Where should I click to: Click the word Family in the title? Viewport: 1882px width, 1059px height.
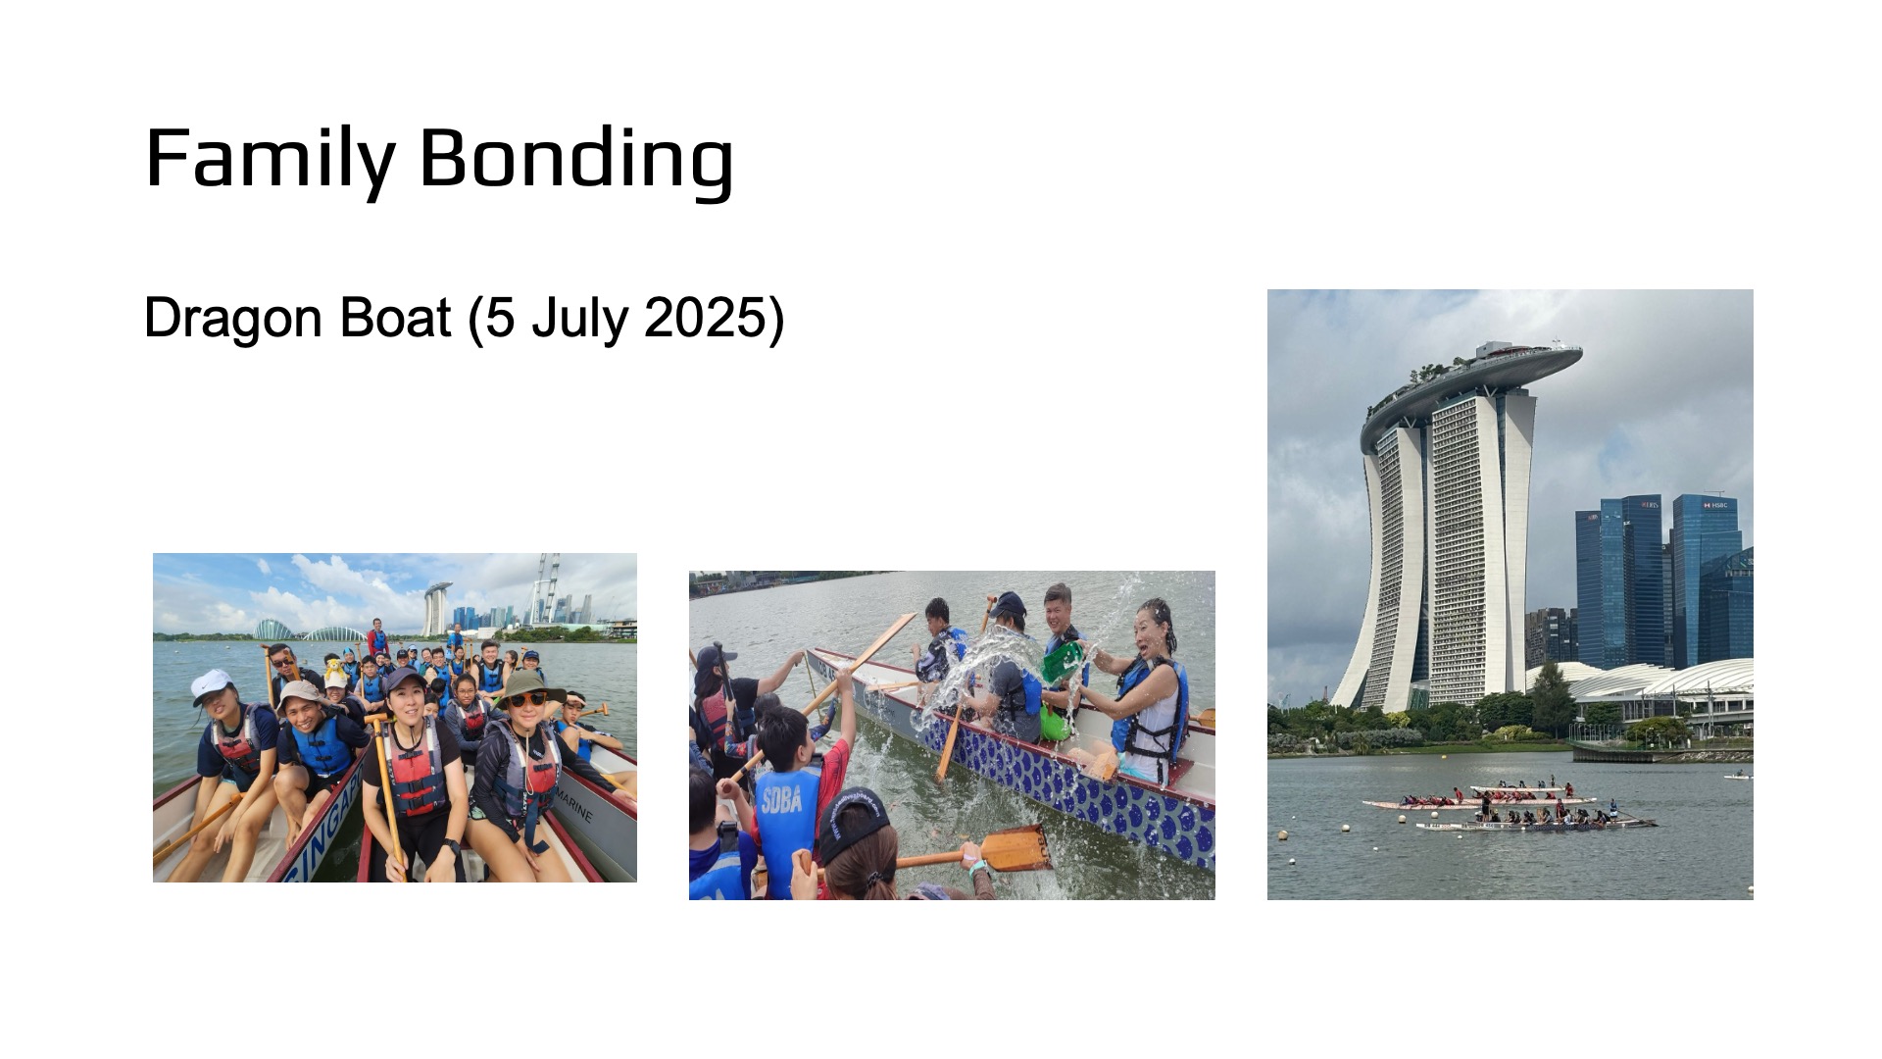tap(271, 160)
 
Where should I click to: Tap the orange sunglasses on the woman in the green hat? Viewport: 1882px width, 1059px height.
tap(528, 699)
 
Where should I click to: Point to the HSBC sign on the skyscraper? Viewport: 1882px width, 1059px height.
tap(1715, 505)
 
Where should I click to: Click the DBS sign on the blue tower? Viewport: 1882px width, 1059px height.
tap(1648, 505)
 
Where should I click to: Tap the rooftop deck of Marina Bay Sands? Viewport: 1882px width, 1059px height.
tap(1470, 378)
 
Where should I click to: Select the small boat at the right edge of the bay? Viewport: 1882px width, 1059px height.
tap(1736, 776)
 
